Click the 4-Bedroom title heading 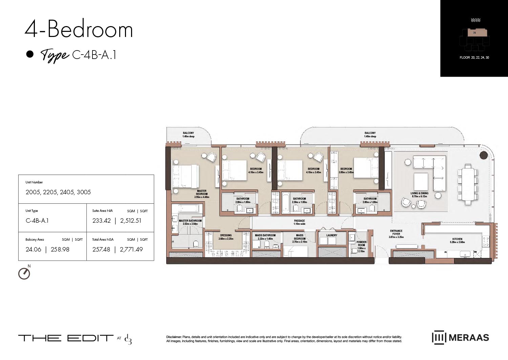tap(79, 29)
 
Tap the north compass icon tap(24, 273)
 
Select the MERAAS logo tap(460, 338)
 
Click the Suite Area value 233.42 tap(102, 221)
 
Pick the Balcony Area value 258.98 tap(60, 249)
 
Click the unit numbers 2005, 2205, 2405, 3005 tap(58, 192)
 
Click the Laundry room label tap(332, 235)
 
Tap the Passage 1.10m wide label tap(299, 222)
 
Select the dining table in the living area tap(468, 184)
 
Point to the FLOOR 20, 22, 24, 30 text tap(474, 58)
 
